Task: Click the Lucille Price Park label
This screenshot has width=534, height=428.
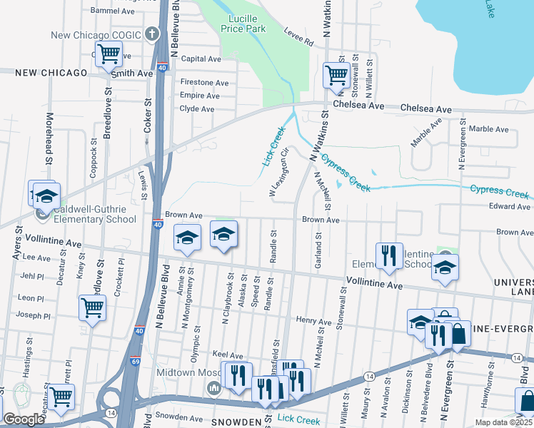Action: click(x=247, y=24)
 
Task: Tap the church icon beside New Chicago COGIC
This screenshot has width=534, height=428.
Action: click(x=151, y=34)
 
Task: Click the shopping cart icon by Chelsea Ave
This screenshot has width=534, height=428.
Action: click(x=336, y=74)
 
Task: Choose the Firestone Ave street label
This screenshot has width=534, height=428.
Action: click(x=204, y=83)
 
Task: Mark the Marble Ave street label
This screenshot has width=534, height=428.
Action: click(x=489, y=129)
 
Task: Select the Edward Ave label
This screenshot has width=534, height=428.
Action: click(x=509, y=207)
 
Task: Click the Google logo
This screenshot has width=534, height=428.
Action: click(x=24, y=419)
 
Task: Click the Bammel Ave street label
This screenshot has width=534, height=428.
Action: click(x=113, y=11)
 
